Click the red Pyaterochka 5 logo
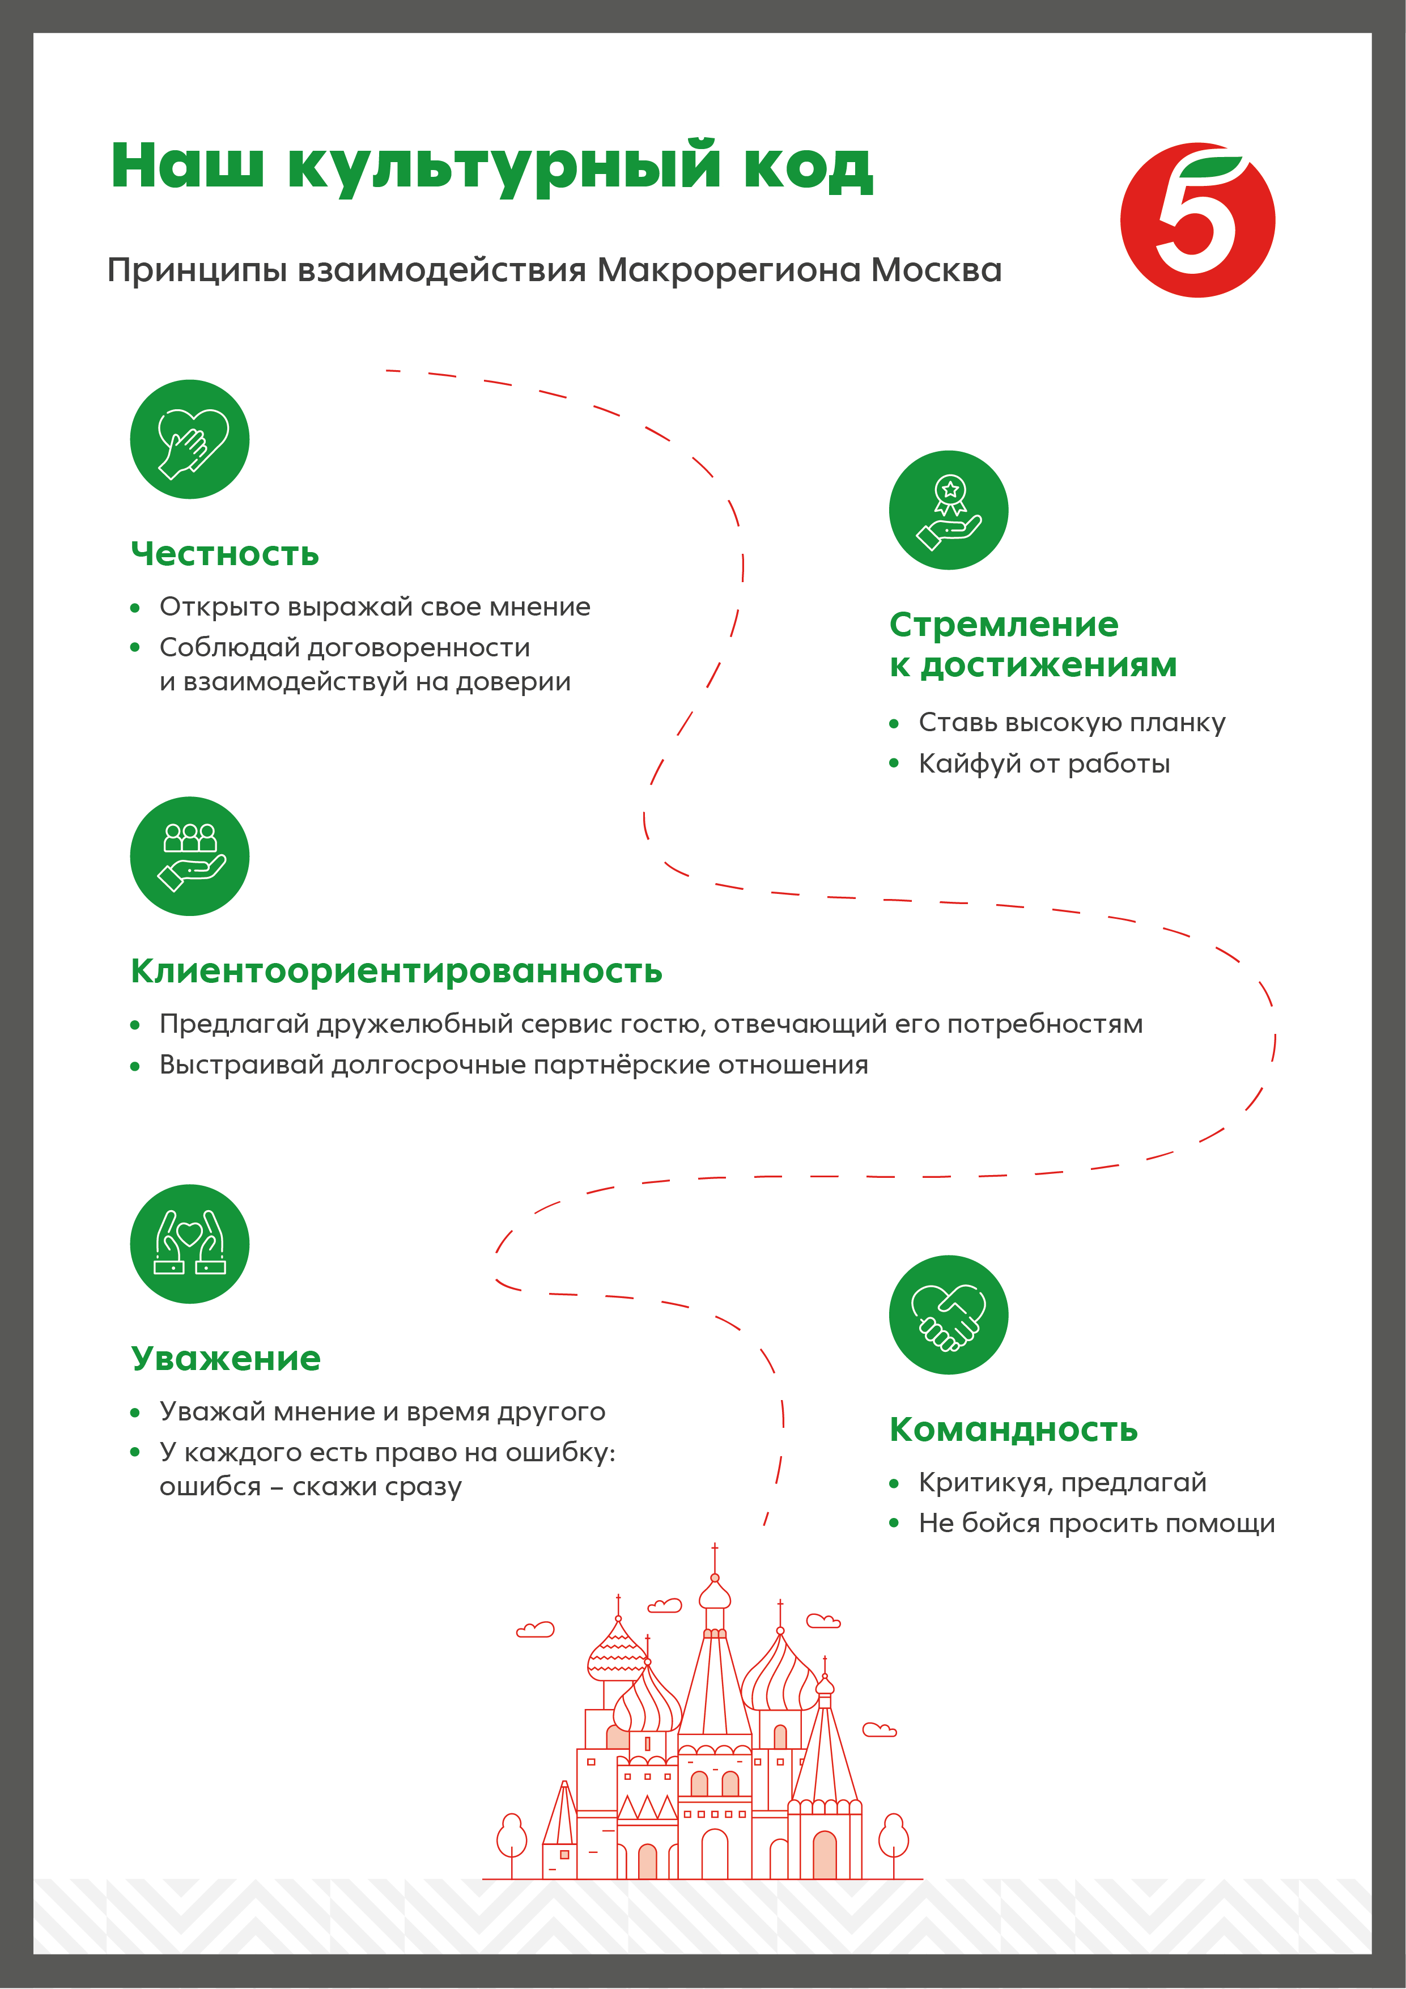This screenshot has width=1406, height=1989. click(1197, 220)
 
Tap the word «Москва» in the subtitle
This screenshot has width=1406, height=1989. click(936, 270)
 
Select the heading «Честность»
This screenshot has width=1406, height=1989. click(224, 554)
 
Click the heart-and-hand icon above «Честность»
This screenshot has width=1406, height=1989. click(190, 439)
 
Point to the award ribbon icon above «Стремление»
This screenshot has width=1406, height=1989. click(949, 510)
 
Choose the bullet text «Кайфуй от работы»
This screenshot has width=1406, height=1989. click(1044, 764)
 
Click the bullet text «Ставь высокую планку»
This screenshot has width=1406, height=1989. click(1072, 723)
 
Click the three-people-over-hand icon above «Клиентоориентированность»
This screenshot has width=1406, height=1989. click(190, 856)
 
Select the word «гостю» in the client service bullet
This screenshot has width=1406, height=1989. click(662, 1024)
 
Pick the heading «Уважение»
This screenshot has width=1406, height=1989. click(225, 1358)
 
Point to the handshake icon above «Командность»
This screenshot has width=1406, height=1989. click(949, 1314)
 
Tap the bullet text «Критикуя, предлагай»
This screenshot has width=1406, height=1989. click(1062, 1482)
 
